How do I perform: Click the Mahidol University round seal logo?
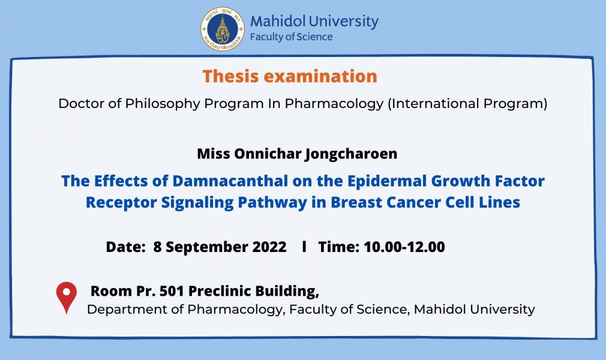pos(222,29)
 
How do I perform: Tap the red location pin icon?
pos(67,297)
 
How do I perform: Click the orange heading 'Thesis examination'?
pos(290,76)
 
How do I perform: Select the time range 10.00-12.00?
pos(404,247)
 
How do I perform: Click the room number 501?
pos(172,291)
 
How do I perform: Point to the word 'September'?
pos(207,247)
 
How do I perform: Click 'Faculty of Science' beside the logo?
pos(292,37)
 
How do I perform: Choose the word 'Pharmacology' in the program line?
pos(334,104)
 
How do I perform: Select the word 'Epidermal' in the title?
pos(387,181)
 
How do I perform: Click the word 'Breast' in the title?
pos(356,202)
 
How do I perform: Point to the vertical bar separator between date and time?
pos(305,247)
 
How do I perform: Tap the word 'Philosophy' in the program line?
pos(163,104)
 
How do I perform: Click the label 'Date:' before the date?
pos(125,247)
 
